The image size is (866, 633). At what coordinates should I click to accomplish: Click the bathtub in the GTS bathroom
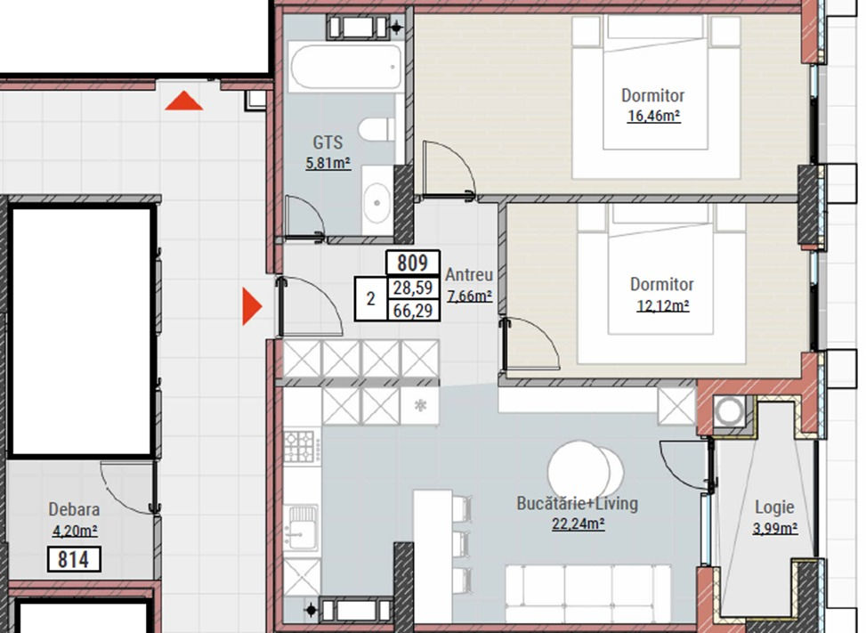point(345,68)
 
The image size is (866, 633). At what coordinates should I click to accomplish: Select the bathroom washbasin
point(377,201)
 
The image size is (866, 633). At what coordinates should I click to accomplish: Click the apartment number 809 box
point(413,263)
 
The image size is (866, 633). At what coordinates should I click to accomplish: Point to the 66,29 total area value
point(413,311)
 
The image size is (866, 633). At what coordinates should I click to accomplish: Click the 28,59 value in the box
point(413,288)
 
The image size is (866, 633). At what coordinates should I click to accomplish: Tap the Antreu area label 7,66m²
point(469,296)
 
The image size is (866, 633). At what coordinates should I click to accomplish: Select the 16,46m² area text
point(653,116)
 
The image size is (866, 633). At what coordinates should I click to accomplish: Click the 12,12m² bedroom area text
point(663,305)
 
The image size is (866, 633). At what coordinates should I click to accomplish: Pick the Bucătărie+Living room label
point(577,504)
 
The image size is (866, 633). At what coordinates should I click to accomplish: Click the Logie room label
point(774,507)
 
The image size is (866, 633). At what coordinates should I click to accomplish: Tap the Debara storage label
point(74,509)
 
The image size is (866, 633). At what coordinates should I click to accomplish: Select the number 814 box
point(74,559)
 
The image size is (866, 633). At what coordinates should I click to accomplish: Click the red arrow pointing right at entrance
point(252,306)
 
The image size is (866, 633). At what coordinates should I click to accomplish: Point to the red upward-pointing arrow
point(184,101)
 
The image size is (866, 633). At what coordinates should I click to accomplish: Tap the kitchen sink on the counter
point(302,526)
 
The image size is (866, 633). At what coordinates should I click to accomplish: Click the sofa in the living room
point(588,592)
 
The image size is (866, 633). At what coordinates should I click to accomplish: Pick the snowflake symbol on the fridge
point(420,406)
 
